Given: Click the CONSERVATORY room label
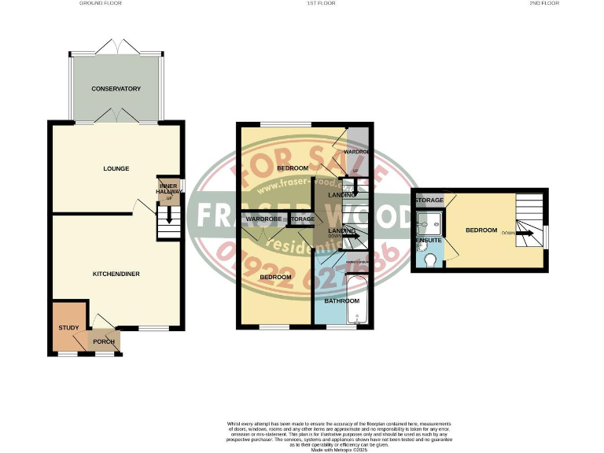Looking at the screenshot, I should pos(116,89).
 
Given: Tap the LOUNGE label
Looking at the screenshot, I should pos(116,168).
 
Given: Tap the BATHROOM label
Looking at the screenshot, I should pos(343,300).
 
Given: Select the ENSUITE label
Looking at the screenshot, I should pos(427,238).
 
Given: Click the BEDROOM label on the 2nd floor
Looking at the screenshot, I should pos(481,230).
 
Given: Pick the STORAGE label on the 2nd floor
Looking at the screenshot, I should pos(430,201).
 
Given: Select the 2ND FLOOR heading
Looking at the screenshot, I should pos(543,4).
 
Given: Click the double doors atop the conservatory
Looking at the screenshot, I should pos(116,46).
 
